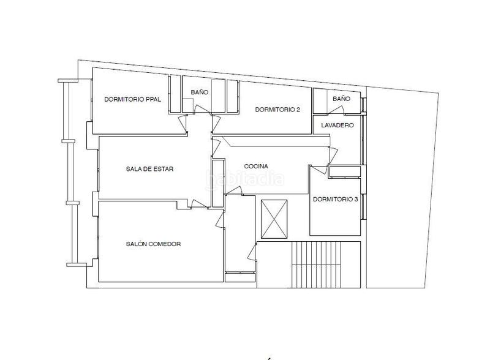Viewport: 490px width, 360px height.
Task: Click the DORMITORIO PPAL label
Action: [x=132, y=99]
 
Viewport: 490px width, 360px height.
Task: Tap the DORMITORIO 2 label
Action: [x=277, y=110]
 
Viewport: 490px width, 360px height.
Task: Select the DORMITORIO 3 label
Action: [x=335, y=199]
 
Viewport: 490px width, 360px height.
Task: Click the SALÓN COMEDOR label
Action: [x=153, y=244]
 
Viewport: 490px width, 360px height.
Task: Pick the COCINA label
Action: [x=255, y=166]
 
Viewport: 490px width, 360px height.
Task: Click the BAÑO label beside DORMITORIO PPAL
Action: [x=199, y=92]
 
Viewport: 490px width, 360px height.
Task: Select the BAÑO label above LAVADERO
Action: [x=341, y=98]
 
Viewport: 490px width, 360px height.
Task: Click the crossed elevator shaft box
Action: [x=274, y=219]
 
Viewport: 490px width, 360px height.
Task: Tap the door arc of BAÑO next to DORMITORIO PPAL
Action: [x=202, y=109]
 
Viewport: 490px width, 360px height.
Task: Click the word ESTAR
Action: [x=164, y=169]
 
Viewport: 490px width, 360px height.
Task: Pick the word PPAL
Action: [x=153, y=99]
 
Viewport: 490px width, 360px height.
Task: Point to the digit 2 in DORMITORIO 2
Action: [x=298, y=110]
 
